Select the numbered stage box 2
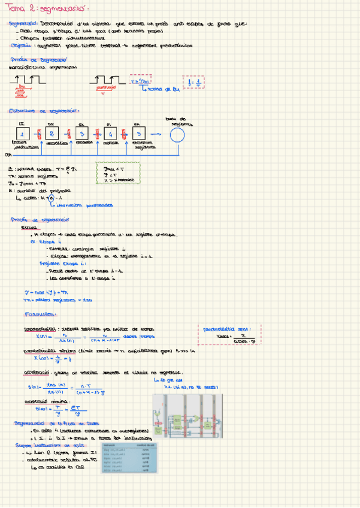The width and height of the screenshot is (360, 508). pos(52,134)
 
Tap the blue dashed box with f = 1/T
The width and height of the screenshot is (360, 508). pos(195,82)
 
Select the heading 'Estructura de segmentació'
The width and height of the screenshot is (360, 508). pos(44,111)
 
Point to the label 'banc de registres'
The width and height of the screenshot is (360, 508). pos(179,122)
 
